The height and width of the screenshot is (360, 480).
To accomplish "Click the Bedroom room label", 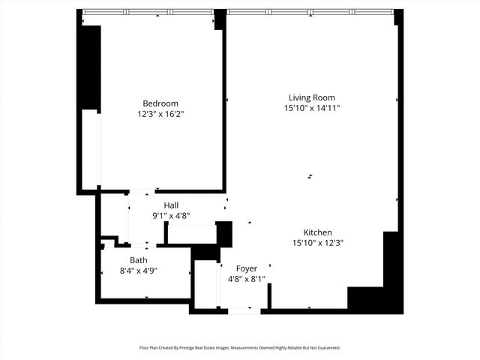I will [x=160, y=103].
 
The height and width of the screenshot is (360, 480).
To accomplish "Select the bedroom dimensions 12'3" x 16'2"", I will [x=160, y=114].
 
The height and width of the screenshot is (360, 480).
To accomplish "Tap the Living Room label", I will [x=312, y=97].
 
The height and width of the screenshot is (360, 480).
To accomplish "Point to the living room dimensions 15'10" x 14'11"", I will [x=312, y=108].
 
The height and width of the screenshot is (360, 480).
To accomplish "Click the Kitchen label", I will [x=317, y=232].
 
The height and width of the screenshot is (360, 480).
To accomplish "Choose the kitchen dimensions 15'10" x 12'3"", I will [x=317, y=243].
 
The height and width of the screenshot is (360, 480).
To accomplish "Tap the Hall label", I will [x=171, y=205].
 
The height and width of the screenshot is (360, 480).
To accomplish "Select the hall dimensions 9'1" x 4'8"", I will [x=171, y=215].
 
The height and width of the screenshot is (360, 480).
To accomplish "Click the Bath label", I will [x=139, y=260].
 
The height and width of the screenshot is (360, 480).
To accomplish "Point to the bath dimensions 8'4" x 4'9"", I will [x=139, y=271].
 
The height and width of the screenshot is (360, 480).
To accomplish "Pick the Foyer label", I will [x=247, y=268].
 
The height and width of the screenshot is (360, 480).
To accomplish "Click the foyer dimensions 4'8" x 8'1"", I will [x=247, y=279].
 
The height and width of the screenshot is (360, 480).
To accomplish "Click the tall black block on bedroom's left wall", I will [x=91, y=67].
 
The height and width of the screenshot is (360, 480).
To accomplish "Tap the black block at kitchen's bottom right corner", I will [x=375, y=298].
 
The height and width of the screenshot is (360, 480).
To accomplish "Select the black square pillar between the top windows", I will [x=220, y=19].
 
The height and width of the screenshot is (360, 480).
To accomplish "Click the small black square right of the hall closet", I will [x=224, y=232].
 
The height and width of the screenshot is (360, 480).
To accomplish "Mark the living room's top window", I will [x=310, y=12].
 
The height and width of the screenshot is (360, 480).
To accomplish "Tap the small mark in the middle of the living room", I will [x=310, y=177].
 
